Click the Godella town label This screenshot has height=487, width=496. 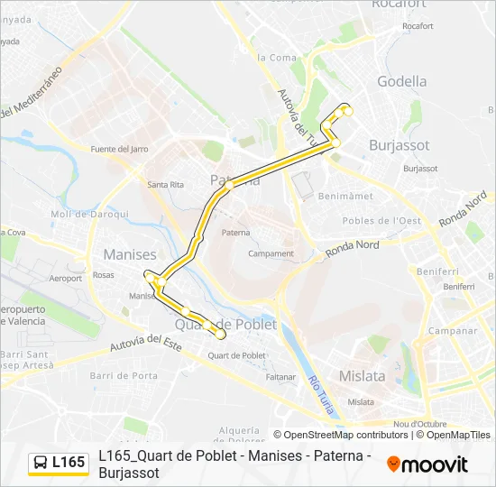pyautogui.click(x=401, y=81)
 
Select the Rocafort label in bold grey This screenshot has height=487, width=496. pyautogui.click(x=398, y=5)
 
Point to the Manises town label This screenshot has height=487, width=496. pyautogui.click(x=130, y=254)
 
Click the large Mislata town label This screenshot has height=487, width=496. pyautogui.click(x=362, y=376)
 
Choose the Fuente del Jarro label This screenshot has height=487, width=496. pyautogui.click(x=120, y=149)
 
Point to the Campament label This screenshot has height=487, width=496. pyautogui.click(x=271, y=253)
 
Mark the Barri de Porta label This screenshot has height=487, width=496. pyautogui.click(x=133, y=375)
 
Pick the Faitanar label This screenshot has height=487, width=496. pyautogui.click(x=280, y=376)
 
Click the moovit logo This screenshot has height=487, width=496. pyautogui.click(x=427, y=464)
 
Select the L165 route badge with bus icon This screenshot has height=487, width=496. pyautogui.click(x=58, y=463)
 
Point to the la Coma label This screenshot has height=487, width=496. pyautogui.click(x=277, y=58)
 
